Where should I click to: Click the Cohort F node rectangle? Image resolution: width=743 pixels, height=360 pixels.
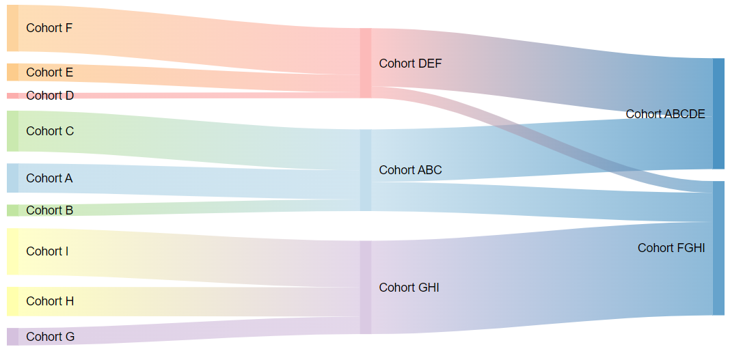[x=12, y=28]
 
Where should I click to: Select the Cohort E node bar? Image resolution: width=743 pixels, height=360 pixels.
[x=12, y=72]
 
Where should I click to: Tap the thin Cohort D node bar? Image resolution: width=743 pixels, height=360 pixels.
[x=12, y=96]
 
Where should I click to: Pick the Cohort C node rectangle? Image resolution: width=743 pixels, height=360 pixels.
[x=12, y=131]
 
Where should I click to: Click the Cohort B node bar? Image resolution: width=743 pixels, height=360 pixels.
[x=12, y=210]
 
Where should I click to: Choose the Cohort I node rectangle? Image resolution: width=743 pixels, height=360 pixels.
[x=12, y=251]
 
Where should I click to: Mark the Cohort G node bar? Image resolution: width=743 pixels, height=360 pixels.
[x=12, y=337]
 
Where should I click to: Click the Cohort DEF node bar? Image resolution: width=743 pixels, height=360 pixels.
[x=365, y=63]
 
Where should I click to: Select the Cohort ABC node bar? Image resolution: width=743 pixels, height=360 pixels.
[x=365, y=170]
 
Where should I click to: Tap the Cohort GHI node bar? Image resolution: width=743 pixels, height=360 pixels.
[x=365, y=288]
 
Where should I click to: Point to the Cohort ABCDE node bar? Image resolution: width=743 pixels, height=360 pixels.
[x=718, y=113]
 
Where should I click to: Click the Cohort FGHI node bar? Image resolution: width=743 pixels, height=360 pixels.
[x=718, y=248]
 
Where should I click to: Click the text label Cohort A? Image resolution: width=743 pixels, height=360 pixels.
[x=49, y=178]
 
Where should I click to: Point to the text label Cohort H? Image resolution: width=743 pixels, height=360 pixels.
[x=50, y=301]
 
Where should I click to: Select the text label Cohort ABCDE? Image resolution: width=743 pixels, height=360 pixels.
[x=665, y=113]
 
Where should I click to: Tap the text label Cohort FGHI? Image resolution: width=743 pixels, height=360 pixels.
[x=671, y=248]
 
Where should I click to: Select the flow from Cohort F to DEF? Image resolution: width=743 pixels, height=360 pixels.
[x=189, y=40]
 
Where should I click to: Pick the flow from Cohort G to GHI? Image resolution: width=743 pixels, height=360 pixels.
[x=189, y=331]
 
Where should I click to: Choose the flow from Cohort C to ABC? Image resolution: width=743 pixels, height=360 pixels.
[x=189, y=140]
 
